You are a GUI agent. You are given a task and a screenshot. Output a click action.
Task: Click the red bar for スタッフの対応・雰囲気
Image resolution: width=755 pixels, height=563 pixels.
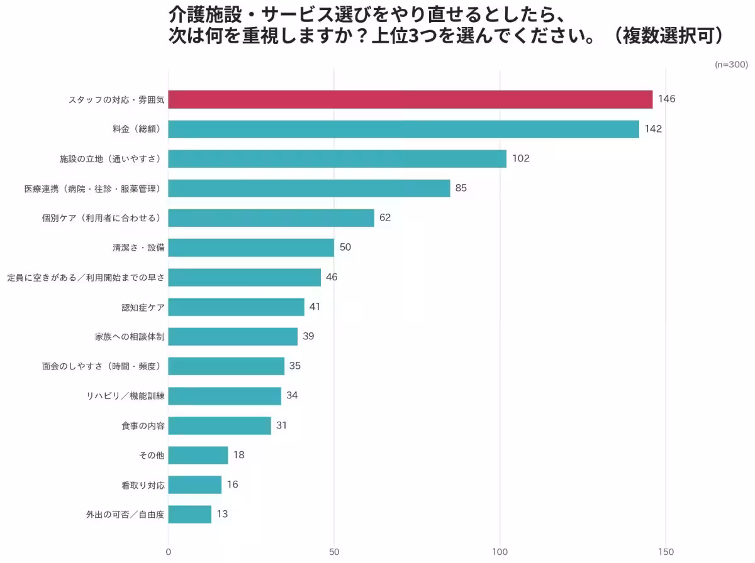pos(410,99)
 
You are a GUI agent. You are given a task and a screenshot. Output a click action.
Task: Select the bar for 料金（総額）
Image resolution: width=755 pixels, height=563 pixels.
pos(403,129)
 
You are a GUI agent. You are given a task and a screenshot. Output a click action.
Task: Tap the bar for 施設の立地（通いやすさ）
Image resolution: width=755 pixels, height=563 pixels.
pos(337,158)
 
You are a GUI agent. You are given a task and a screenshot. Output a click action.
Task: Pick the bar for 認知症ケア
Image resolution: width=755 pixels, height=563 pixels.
pos(236,307)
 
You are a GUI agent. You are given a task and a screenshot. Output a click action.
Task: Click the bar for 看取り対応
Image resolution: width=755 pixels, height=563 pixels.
pos(194,484)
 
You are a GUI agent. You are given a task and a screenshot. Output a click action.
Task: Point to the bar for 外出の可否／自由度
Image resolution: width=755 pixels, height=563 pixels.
pos(189,514)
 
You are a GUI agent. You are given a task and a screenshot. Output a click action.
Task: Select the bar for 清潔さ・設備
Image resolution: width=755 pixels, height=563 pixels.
pos(251,248)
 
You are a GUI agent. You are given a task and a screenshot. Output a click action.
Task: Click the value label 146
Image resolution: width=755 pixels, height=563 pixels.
pos(666,99)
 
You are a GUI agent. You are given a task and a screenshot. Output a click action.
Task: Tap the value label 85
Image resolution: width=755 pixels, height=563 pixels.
pos(461,188)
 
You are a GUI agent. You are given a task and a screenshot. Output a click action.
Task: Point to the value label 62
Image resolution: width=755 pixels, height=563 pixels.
pos(385,217)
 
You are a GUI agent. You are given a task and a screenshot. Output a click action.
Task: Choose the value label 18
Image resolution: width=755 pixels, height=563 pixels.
pos(238,455)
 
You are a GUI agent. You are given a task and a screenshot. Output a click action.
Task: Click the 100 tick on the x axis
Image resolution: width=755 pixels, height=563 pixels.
pos(500,552)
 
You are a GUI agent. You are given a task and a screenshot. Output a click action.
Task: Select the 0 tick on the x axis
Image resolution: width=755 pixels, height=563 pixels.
pos(168,552)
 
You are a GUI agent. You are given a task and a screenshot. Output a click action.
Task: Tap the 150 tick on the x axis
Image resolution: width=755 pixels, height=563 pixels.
pos(666,552)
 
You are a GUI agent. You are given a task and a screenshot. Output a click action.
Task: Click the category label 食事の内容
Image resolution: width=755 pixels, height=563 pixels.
pos(143,426)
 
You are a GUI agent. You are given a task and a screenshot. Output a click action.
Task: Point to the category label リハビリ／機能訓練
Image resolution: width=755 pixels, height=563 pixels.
pos(125,396)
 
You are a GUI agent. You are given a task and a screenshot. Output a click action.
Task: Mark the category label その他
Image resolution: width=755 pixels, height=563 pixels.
pos(151,456)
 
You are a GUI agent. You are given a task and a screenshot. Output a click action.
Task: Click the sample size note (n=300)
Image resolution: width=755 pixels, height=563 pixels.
pos(731,65)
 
